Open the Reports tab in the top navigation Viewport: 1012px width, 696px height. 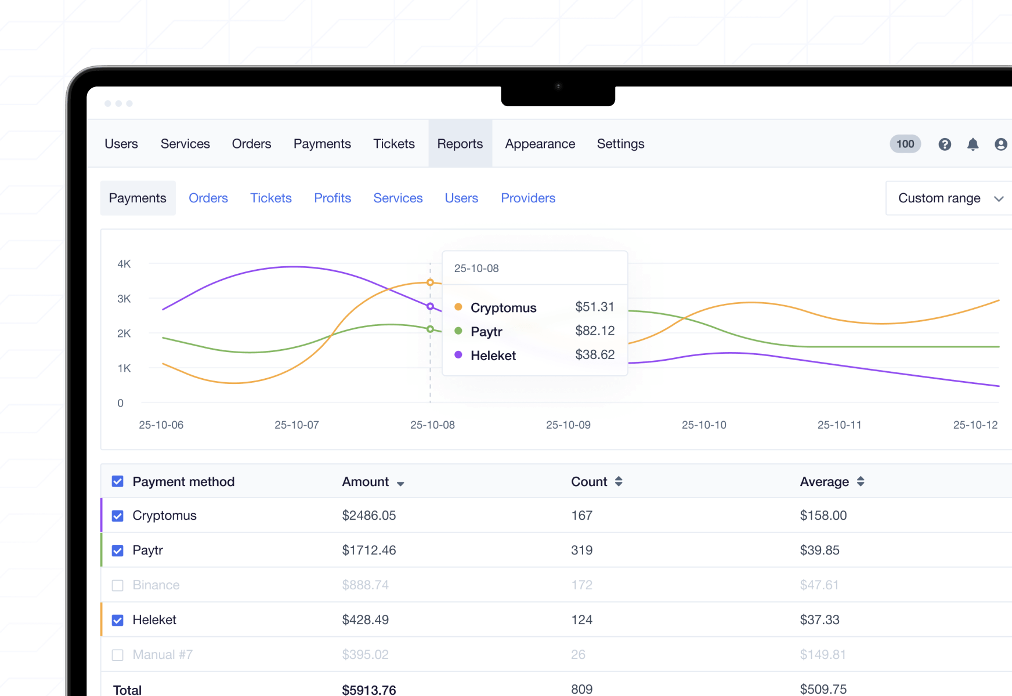click(x=460, y=144)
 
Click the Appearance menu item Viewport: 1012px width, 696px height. click(x=540, y=144)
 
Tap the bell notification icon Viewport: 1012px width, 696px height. click(x=973, y=144)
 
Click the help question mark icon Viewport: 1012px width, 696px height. click(x=945, y=144)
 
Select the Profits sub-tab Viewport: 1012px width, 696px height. click(x=332, y=198)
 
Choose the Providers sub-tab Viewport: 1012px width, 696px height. click(x=528, y=198)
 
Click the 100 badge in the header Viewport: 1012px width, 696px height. click(x=905, y=144)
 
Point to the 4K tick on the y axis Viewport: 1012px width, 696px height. click(x=124, y=264)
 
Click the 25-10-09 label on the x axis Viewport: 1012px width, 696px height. click(x=568, y=425)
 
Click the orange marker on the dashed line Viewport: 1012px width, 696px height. click(x=430, y=282)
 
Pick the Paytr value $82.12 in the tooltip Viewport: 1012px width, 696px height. click(x=595, y=331)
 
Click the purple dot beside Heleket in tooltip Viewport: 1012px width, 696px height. click(x=458, y=355)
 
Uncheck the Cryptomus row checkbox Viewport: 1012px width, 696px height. click(x=118, y=516)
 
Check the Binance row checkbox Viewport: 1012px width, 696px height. click(x=118, y=585)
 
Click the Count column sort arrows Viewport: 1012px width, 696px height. click(x=619, y=481)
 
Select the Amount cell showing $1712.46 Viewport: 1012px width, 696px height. click(x=368, y=550)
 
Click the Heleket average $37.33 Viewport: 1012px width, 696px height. click(x=819, y=620)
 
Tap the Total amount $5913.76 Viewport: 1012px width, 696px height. click(x=368, y=690)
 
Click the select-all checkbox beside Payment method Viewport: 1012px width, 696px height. click(x=118, y=481)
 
